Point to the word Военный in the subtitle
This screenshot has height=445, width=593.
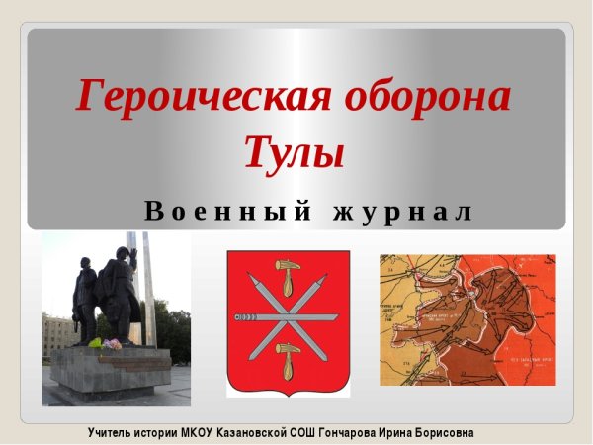[x=226, y=211]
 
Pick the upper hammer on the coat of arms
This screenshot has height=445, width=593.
[x=289, y=270]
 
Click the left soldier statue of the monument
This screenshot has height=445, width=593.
[x=85, y=297]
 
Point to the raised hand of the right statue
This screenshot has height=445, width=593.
[x=125, y=253]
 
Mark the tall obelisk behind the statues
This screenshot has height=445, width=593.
[x=147, y=287]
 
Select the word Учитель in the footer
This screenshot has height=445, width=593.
[x=113, y=432]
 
